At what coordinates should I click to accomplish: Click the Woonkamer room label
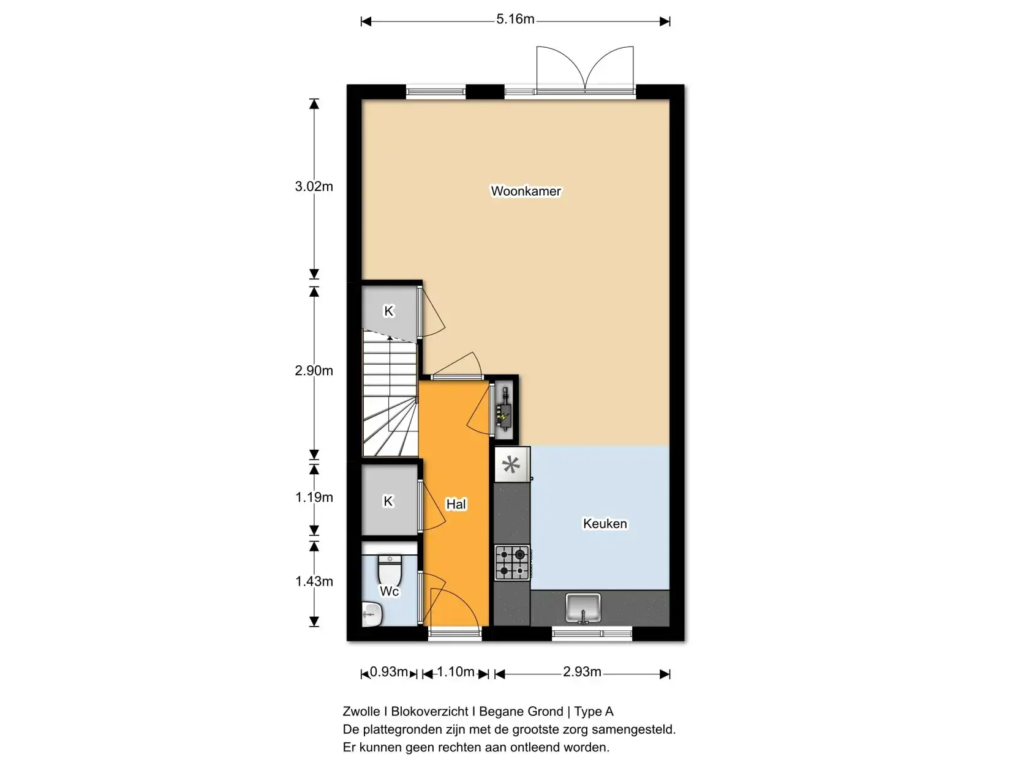pos(526,191)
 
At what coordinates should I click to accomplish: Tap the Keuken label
pos(605,523)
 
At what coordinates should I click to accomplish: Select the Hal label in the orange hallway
pos(456,504)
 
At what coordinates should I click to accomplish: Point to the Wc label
pos(389,591)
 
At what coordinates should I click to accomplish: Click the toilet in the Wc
pos(390,570)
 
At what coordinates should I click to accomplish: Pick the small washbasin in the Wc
pos(372,614)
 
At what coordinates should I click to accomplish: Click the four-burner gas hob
pos(512,563)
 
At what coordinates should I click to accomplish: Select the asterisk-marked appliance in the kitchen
pos(512,465)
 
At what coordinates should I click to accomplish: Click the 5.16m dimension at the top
pos(515,19)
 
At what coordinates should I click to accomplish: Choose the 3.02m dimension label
pos(314,186)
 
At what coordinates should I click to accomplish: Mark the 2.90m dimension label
pos(314,371)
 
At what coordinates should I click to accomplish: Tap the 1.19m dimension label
pos(314,497)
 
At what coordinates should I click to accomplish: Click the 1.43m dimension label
pos(314,581)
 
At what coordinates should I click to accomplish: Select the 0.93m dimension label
pos(388,672)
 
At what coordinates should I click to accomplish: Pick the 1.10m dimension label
pos(456,672)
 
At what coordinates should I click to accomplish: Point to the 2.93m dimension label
pos(582,672)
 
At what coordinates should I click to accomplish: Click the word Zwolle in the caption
pos(361,711)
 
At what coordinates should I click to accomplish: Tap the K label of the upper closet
pos(388,311)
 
